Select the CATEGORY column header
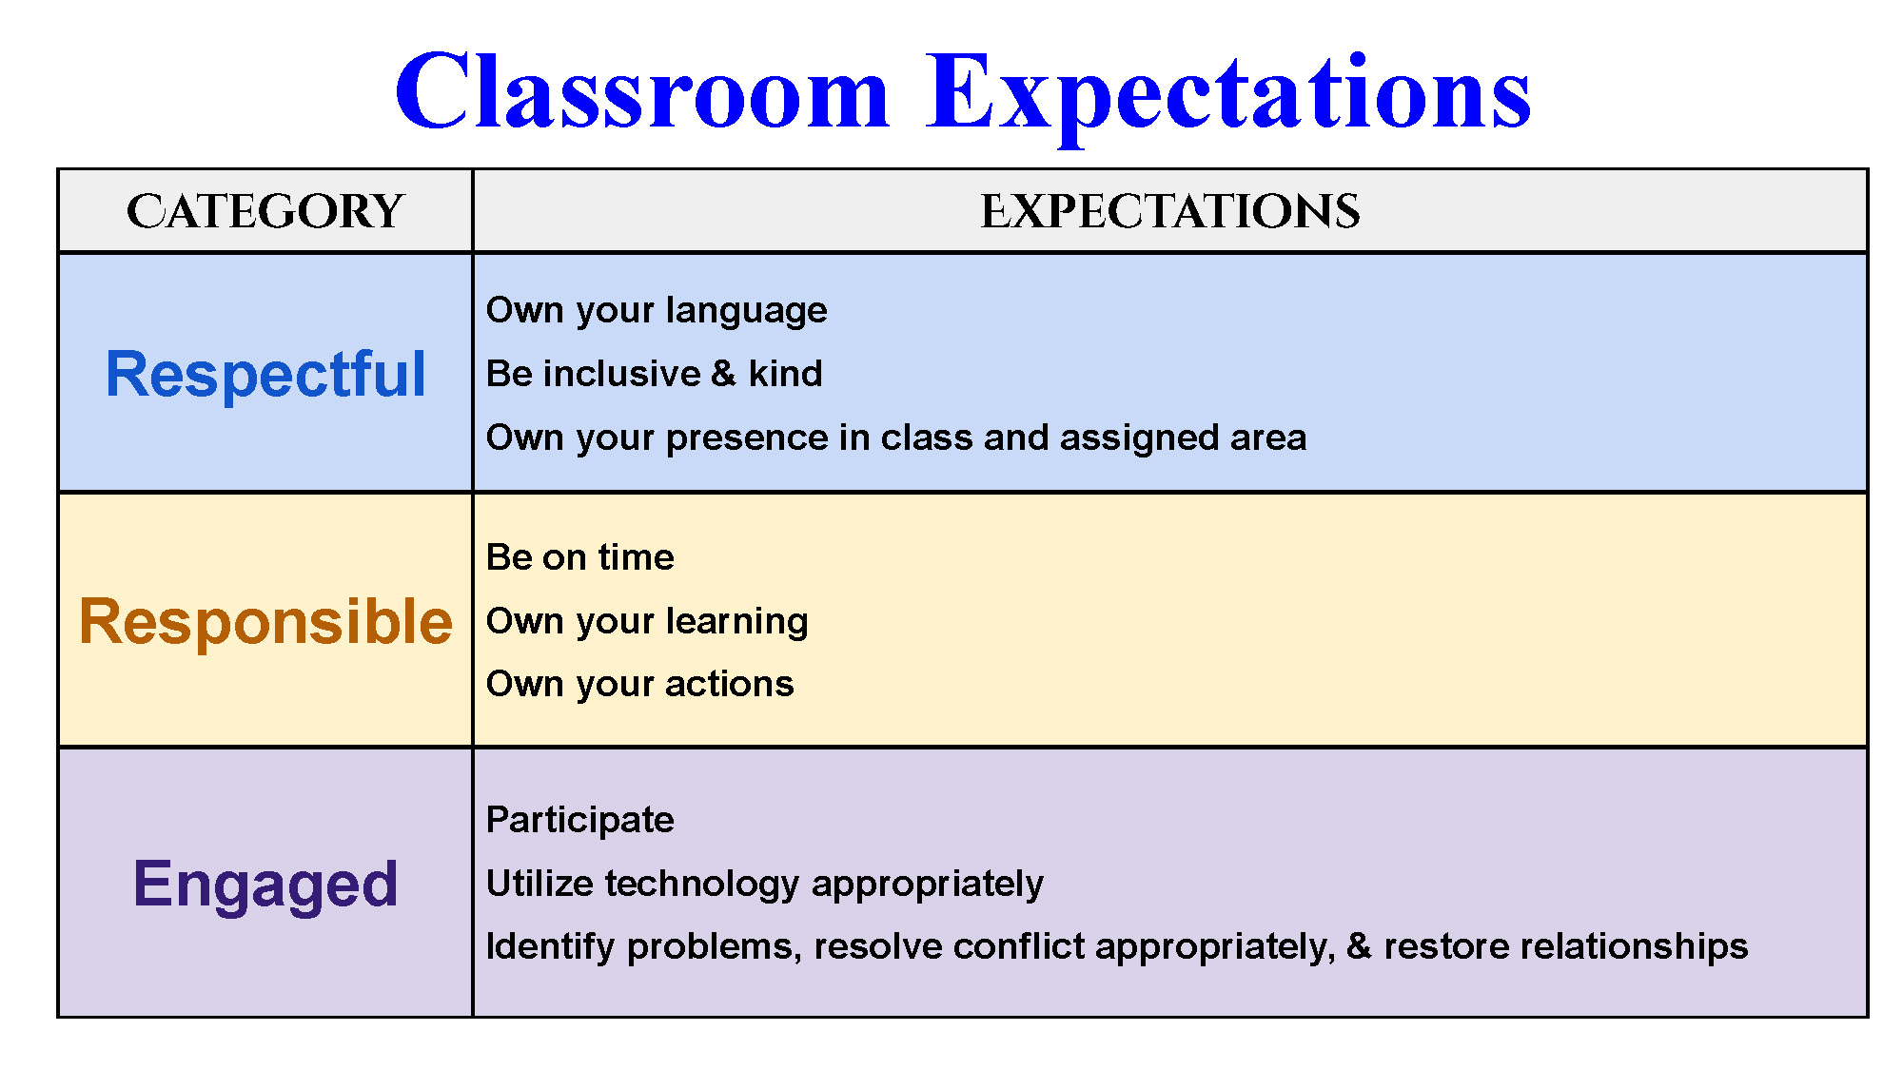[265, 211]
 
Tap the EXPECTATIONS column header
[1170, 211]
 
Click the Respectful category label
[265, 374]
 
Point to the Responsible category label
[265, 623]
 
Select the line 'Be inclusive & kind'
[654, 374]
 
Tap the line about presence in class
[896, 438]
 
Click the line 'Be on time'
[579, 557]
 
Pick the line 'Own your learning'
[647, 622]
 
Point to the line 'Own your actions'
[639, 685]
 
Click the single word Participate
[579, 821]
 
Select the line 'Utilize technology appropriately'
[764, 885]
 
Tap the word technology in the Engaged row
[702, 885]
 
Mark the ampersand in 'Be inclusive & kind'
[723, 374]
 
